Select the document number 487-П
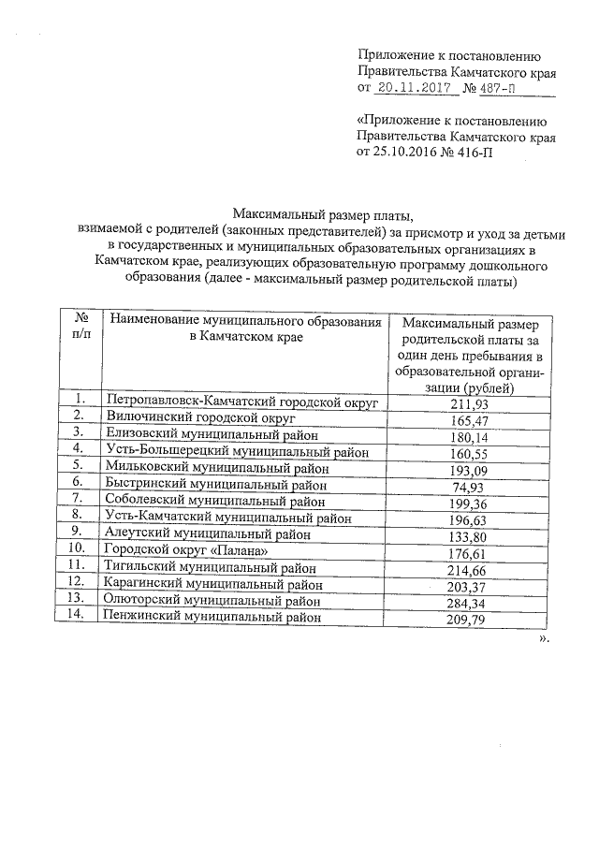497,89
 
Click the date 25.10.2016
405,153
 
